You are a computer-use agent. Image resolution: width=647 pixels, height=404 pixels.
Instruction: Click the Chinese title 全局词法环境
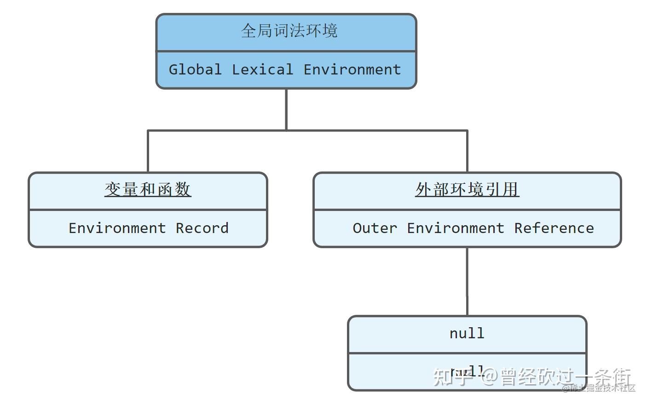pyautogui.click(x=289, y=31)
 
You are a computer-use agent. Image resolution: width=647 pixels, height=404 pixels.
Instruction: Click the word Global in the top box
pyautogui.click(x=195, y=69)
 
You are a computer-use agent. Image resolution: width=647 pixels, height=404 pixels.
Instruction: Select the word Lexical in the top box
pyautogui.click(x=262, y=69)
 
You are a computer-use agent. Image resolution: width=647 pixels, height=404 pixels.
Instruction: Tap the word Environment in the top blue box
pyautogui.click(x=352, y=69)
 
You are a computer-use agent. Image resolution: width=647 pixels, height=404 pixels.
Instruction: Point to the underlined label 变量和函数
pyautogui.click(x=148, y=189)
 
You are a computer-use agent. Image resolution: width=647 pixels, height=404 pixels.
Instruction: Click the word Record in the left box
pyautogui.click(x=202, y=228)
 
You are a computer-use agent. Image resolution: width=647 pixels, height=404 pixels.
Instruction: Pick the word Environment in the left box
pyautogui.click(x=117, y=228)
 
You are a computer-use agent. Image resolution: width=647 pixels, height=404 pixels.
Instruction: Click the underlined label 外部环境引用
pyautogui.click(x=467, y=189)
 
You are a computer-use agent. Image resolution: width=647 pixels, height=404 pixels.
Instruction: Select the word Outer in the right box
pyautogui.click(x=375, y=228)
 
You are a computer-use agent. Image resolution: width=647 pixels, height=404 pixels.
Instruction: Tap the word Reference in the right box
pyautogui.click(x=554, y=228)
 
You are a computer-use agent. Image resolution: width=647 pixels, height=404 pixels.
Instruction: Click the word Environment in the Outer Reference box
pyautogui.click(x=456, y=228)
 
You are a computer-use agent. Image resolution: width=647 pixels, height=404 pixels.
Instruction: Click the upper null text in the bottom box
pyautogui.click(x=467, y=333)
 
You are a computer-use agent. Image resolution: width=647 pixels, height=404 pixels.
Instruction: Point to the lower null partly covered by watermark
pyautogui.click(x=467, y=371)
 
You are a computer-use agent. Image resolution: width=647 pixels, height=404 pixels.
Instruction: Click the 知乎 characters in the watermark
pyautogui.click(x=454, y=377)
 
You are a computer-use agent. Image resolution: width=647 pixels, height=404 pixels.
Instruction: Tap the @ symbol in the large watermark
pyautogui.click(x=490, y=377)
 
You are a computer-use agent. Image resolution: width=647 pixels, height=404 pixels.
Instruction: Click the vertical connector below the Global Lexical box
pyautogui.click(x=286, y=109)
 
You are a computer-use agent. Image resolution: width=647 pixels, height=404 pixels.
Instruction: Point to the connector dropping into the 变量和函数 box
pyautogui.click(x=148, y=152)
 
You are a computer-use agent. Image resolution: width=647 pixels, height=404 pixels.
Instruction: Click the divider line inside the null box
pyautogui.click(x=467, y=353)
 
